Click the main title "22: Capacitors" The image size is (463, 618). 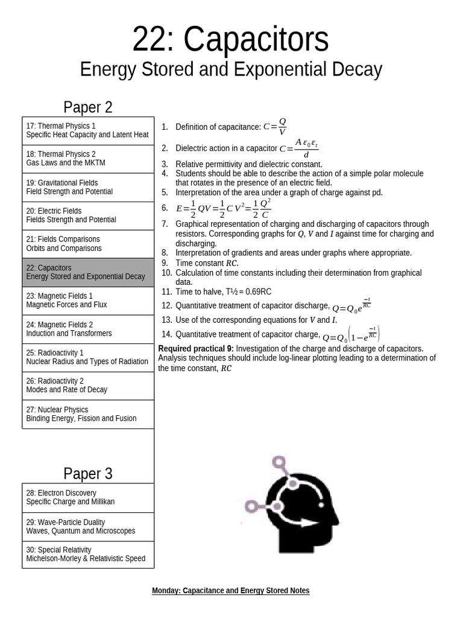click(x=231, y=40)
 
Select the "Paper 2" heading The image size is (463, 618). click(x=88, y=107)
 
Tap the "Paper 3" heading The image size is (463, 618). click(x=88, y=473)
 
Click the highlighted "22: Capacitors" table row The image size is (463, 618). click(x=88, y=272)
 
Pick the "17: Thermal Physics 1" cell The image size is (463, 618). click(x=88, y=130)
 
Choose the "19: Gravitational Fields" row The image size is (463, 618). click(x=88, y=187)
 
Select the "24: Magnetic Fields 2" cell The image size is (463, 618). click(x=88, y=329)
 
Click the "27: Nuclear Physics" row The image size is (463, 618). click(x=88, y=414)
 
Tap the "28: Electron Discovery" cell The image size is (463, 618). click(x=88, y=497)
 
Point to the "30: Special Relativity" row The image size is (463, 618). click(x=88, y=554)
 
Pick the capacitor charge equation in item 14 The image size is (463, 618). click(x=351, y=335)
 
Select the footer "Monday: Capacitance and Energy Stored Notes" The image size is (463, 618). click(x=231, y=591)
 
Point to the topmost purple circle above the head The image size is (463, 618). click(x=279, y=463)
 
